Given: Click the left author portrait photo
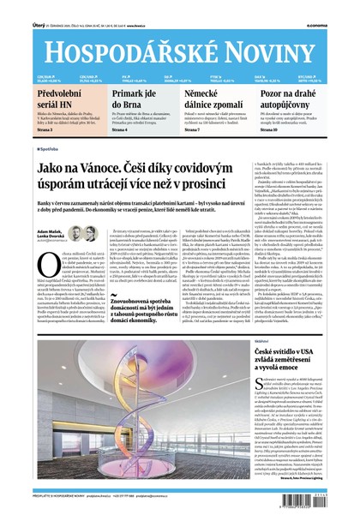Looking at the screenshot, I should click(75, 232).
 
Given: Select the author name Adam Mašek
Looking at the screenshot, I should click(49, 228).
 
